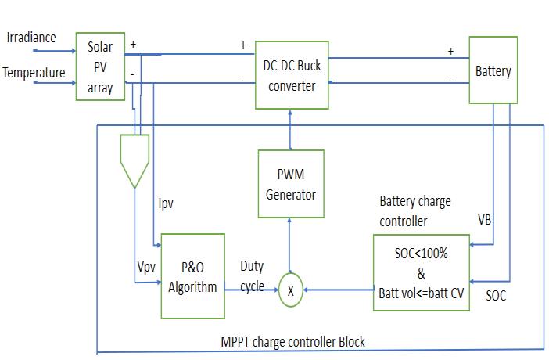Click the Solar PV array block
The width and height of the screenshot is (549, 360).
tap(100, 66)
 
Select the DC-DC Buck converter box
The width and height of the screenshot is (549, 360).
tap(292, 75)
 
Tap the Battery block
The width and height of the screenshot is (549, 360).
tap(493, 71)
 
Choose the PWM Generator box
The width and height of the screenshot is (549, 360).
tap(290, 184)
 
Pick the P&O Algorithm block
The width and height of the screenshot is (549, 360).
tap(192, 276)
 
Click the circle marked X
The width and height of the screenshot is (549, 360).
tap(291, 290)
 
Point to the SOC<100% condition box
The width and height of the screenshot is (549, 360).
tap(422, 272)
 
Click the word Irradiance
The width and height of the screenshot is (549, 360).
tap(30, 38)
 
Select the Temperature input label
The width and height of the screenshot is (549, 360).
tap(34, 73)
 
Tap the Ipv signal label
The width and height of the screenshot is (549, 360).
tap(166, 204)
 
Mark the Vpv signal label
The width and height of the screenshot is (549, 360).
tap(147, 267)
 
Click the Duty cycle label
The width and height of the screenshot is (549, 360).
tap(252, 276)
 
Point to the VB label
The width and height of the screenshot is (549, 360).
tap(485, 220)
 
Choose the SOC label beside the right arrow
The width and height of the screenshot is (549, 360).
tap(495, 296)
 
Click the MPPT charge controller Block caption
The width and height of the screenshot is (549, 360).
tap(292, 342)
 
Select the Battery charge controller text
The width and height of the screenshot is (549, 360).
tap(414, 211)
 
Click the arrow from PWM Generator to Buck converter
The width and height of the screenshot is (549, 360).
tap(291, 130)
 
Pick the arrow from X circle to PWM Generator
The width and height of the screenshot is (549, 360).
tap(291, 247)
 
